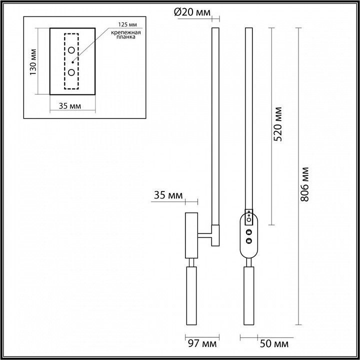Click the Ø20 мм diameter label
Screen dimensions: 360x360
(x=192, y=12)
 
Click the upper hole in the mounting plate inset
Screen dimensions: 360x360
(x=72, y=50)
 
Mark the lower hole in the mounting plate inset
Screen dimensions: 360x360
(x=72, y=72)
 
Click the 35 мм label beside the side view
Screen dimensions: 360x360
(x=167, y=195)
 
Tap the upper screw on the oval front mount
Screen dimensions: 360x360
(x=248, y=232)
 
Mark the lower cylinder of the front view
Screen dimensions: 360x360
(x=248, y=295)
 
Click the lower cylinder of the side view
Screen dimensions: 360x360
(x=191, y=295)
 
